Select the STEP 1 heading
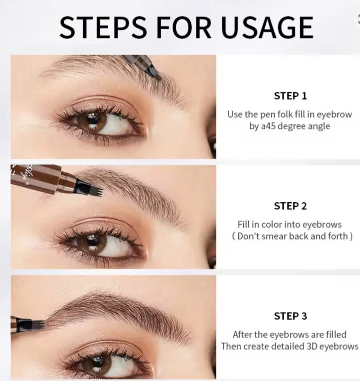click(x=290, y=96)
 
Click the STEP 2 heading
click(x=290, y=206)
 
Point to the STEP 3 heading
click(x=290, y=316)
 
